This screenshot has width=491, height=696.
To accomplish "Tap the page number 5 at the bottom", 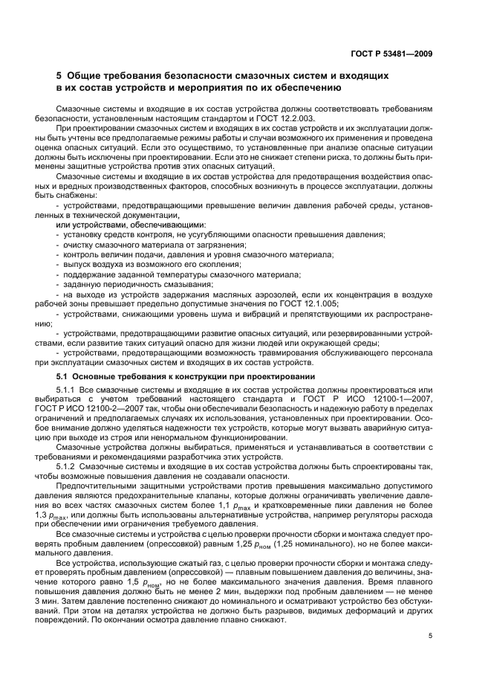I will coord(430,636).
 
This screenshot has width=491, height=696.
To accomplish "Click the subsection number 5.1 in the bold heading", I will coord(62,377).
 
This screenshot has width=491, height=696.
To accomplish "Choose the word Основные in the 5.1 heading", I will coord(98,377).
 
